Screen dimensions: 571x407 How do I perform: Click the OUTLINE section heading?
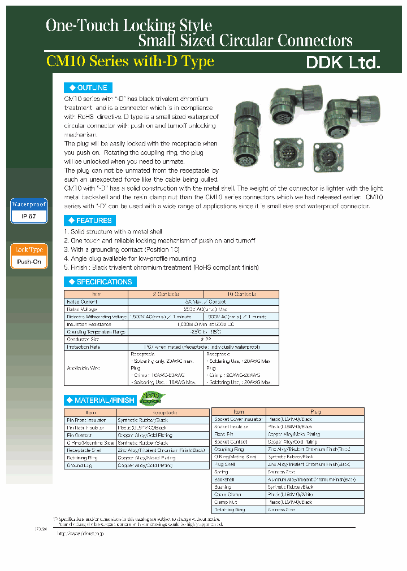tap(88, 88)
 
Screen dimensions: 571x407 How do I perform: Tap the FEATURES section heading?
tap(90, 221)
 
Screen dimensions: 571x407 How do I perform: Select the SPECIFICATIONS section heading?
tap(100, 282)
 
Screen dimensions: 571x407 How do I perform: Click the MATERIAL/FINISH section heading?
tap(101, 400)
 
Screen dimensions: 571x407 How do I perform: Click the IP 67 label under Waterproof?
tap(28, 216)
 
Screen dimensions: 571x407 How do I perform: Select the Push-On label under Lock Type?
tap(28, 262)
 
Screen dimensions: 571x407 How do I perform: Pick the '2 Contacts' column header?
tap(166, 294)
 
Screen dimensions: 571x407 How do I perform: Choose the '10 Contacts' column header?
tap(241, 294)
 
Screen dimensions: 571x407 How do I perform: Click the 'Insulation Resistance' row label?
tap(89, 324)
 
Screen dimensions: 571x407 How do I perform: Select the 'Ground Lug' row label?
tap(78, 466)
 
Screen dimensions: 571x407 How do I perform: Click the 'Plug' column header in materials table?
tap(315, 412)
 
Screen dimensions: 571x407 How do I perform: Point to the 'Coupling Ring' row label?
tap(228, 449)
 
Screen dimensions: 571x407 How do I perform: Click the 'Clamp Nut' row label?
tap(224, 502)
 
